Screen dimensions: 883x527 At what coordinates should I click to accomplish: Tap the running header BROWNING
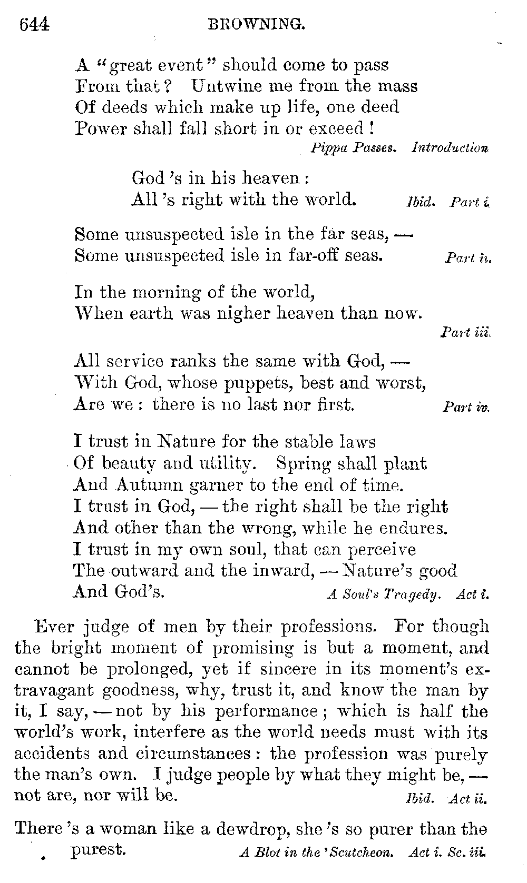[257, 24]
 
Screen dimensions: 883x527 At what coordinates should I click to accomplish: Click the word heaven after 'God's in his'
[270, 178]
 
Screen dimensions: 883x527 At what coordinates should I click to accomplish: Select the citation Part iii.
[466, 333]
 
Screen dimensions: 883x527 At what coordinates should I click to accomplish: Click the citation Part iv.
[466, 407]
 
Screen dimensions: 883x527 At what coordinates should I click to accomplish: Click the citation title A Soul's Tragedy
[383, 595]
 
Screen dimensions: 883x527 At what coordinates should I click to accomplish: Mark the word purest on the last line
[99, 850]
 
